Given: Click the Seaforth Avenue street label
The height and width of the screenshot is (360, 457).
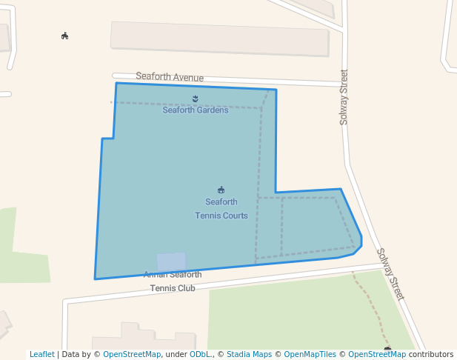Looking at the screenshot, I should (x=170, y=77).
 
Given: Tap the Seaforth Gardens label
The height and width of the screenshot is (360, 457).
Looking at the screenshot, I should (x=196, y=110).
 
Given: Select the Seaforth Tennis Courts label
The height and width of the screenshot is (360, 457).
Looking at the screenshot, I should (x=221, y=209).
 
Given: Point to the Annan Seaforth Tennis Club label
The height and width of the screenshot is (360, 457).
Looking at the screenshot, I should (x=173, y=281).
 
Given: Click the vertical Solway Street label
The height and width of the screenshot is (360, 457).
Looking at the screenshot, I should (x=344, y=97).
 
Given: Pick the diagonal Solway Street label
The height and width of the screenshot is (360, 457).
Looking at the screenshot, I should (x=390, y=273).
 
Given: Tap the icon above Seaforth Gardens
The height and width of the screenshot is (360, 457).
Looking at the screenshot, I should (x=196, y=99).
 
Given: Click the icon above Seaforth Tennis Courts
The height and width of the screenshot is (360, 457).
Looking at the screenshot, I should (x=221, y=190).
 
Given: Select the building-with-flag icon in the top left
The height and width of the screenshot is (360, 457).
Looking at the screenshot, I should (x=65, y=36).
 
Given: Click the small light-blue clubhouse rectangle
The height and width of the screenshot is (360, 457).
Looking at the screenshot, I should (x=171, y=261).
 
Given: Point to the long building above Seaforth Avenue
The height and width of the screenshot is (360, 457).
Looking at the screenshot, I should (x=219, y=39).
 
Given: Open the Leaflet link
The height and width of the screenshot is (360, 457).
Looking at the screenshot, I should (x=41, y=354).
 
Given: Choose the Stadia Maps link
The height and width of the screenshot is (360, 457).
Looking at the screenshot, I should (x=249, y=354).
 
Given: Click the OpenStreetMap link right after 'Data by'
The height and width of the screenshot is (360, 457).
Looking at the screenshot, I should (x=132, y=354).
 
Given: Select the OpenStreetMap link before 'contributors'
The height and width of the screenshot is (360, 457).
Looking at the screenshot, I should (x=377, y=354).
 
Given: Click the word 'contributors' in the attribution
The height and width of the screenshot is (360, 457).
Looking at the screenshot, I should (x=431, y=354).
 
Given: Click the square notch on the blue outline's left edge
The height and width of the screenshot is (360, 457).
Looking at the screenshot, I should (x=108, y=139).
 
